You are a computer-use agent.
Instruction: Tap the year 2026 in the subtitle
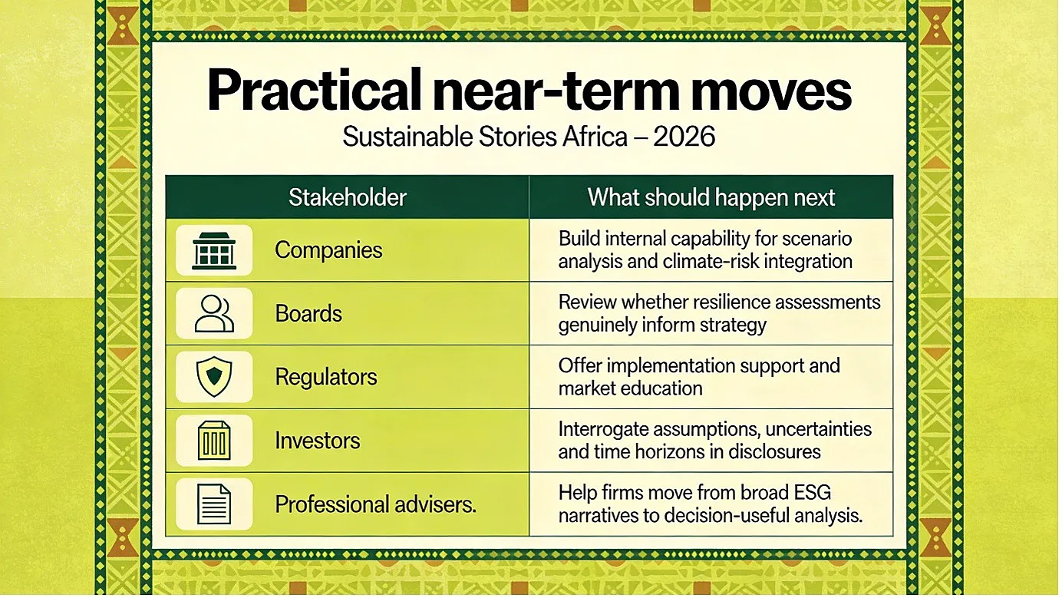tap(684, 137)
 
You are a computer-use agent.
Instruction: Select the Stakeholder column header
tap(348, 197)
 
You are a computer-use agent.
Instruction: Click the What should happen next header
tap(711, 197)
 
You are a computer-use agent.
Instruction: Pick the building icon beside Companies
tap(214, 251)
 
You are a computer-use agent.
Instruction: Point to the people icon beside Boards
tap(214, 313)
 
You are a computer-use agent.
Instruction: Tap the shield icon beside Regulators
tap(214, 377)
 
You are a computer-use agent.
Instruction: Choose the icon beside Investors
tap(214, 441)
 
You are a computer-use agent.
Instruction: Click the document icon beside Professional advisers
tap(214, 504)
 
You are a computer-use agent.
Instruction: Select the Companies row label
tap(328, 250)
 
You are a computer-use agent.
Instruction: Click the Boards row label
tap(308, 313)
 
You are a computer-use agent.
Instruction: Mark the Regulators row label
tap(326, 378)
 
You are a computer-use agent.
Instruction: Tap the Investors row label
tap(318, 441)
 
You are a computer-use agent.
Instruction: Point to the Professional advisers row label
tap(375, 504)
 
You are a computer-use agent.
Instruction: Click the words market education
tap(630, 388)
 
